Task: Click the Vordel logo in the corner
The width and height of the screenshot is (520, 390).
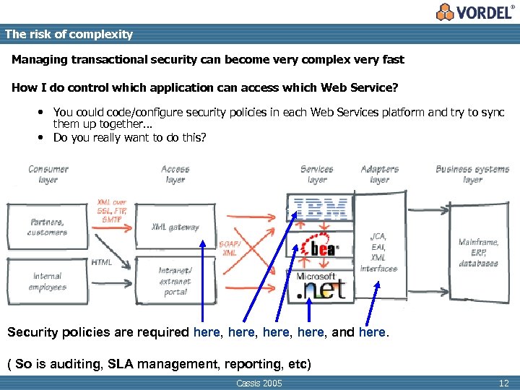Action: (476, 12)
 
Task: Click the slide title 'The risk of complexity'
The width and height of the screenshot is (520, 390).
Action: (69, 34)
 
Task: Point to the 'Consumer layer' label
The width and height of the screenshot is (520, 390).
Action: (48, 174)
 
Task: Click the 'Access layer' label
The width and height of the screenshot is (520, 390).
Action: (175, 174)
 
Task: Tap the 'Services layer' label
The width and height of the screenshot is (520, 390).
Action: (317, 174)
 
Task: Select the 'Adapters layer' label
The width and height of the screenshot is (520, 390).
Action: (379, 174)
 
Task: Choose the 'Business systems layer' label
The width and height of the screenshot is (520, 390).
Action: (472, 174)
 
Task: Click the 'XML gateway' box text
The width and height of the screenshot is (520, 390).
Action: (175, 227)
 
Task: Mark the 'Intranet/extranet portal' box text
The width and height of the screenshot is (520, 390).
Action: (175, 281)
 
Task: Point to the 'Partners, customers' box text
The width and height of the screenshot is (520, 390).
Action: (47, 227)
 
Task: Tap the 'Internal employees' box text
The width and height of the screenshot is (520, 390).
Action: (48, 281)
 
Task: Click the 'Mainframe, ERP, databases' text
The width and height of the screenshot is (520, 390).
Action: (478, 253)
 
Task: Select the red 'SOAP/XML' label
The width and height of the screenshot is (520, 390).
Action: (229, 248)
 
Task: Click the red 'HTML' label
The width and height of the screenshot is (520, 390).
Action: (102, 262)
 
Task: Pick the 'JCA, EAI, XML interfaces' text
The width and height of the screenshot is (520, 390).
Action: (378, 252)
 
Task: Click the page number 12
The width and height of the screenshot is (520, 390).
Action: (503, 383)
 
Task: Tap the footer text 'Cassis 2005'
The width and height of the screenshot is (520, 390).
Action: (259, 383)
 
